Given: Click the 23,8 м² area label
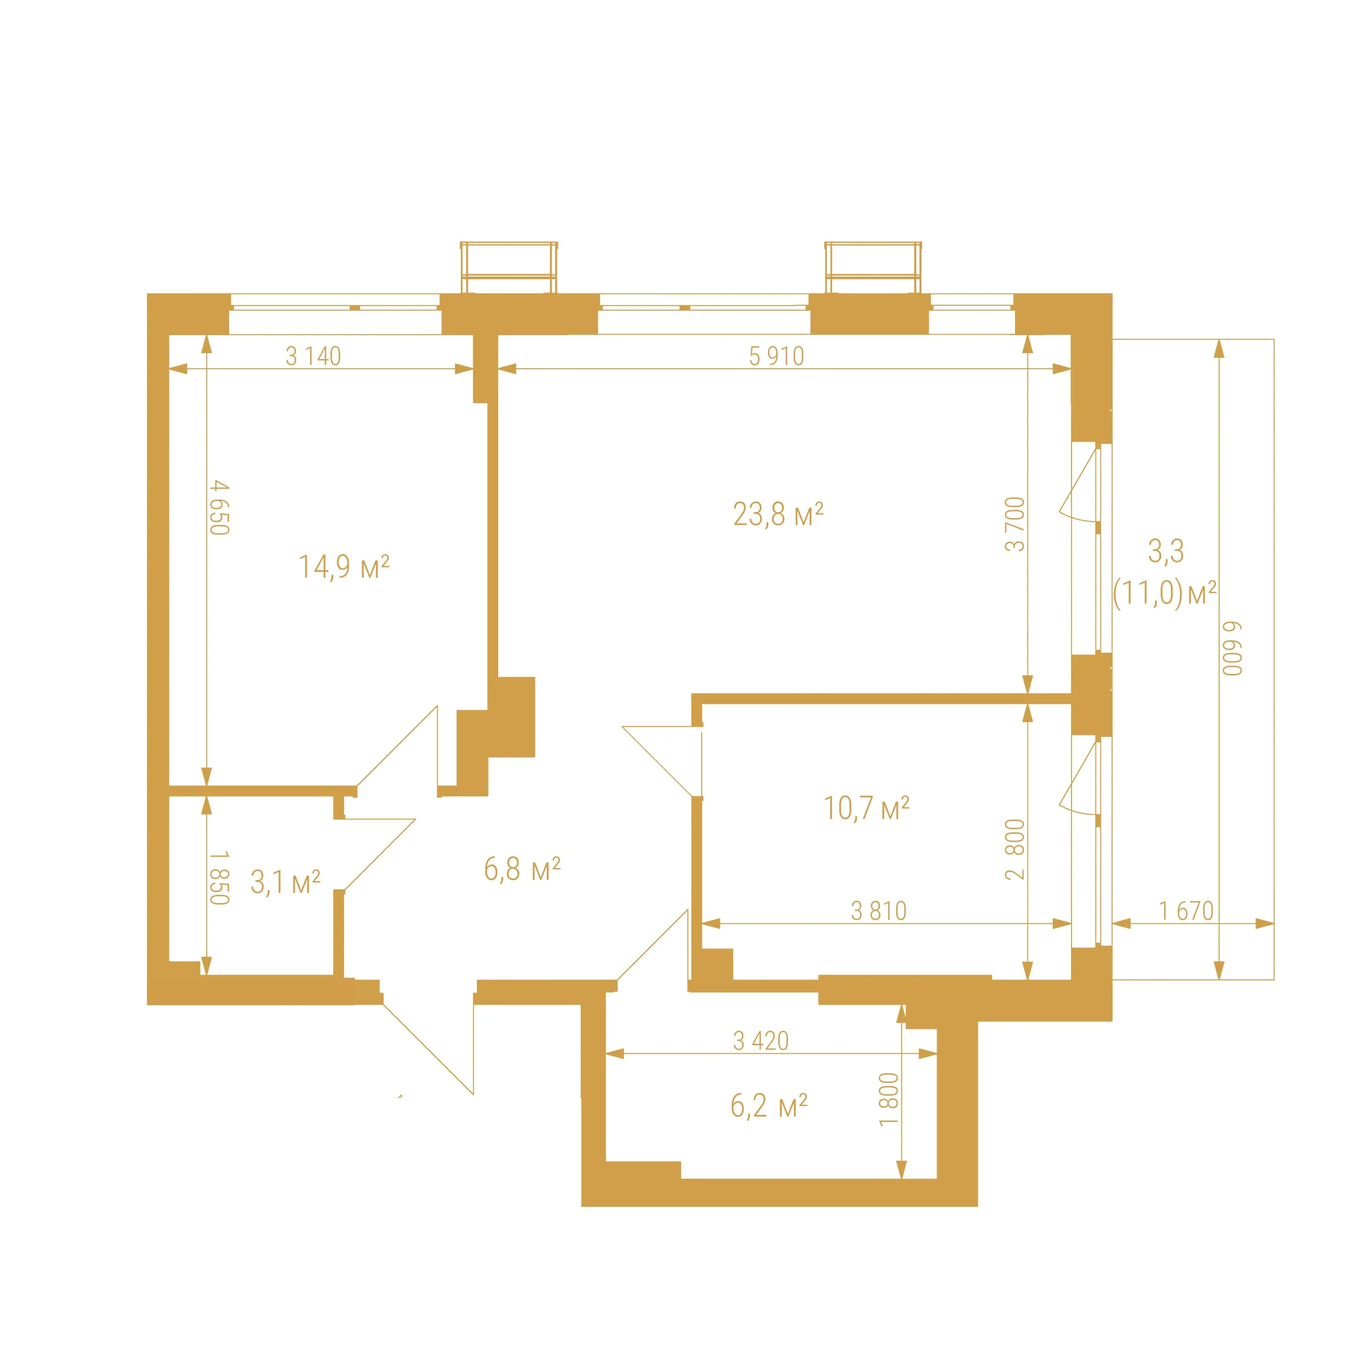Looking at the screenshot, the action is pyautogui.click(x=778, y=514).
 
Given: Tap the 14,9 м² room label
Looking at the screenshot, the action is pyautogui.click(x=344, y=566).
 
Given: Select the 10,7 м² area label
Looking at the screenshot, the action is pyautogui.click(x=866, y=808).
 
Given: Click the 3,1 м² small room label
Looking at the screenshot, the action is pyautogui.click(x=285, y=882).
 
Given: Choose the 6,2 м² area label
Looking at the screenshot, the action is pyautogui.click(x=769, y=1106).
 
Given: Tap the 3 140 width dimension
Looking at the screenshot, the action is pyautogui.click(x=313, y=356).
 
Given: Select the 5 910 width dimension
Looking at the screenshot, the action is pyautogui.click(x=777, y=356).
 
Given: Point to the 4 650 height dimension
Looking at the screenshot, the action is pyautogui.click(x=220, y=508).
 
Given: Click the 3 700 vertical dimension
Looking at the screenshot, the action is pyautogui.click(x=1014, y=524).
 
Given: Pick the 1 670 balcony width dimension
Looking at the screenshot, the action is pyautogui.click(x=1186, y=911).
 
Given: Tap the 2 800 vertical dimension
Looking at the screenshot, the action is pyautogui.click(x=1014, y=849).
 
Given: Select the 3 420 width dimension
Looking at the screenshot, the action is pyautogui.click(x=760, y=1041).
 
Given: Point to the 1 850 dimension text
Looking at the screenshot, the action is pyautogui.click(x=220, y=878).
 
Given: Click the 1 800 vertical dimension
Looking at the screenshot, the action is pyautogui.click(x=889, y=1099).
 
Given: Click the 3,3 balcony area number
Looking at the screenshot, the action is pyautogui.click(x=1166, y=551).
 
